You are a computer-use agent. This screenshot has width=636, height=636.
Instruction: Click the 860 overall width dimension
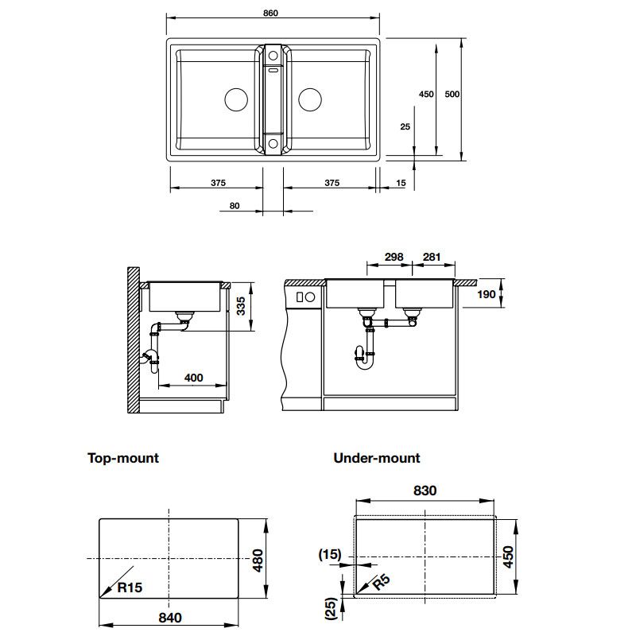point(270,13)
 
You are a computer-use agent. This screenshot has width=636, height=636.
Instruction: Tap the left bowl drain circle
point(236,99)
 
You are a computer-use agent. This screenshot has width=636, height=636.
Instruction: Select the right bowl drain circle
point(310,99)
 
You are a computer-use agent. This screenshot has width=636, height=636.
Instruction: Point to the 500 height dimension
point(452,94)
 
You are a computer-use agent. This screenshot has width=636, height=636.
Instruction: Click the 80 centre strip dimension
point(235,206)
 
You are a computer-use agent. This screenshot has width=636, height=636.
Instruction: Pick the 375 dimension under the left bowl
point(218,183)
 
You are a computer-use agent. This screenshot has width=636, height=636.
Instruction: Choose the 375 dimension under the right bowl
point(332,183)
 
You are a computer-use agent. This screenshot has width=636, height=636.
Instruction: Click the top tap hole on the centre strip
point(273,55)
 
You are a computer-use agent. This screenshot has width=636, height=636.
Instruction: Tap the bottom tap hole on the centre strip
point(273,143)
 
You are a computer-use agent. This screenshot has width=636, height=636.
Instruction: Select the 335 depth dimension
point(241,306)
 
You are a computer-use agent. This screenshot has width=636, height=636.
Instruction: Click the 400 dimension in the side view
point(193,378)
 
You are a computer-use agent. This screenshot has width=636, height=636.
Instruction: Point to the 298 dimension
point(394,257)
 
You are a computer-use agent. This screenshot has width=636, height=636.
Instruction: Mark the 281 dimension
point(432,257)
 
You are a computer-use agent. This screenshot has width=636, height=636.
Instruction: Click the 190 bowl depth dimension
point(487,294)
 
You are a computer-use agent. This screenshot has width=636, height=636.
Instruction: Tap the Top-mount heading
point(123,458)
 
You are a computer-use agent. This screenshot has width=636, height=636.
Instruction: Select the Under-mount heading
point(376,458)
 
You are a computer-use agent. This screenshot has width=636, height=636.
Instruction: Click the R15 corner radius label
point(130,587)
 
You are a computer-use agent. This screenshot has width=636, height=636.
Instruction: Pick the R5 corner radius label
point(382,583)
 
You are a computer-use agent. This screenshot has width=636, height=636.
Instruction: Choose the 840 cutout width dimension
point(170,618)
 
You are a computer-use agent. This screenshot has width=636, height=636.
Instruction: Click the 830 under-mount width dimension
point(425,491)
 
